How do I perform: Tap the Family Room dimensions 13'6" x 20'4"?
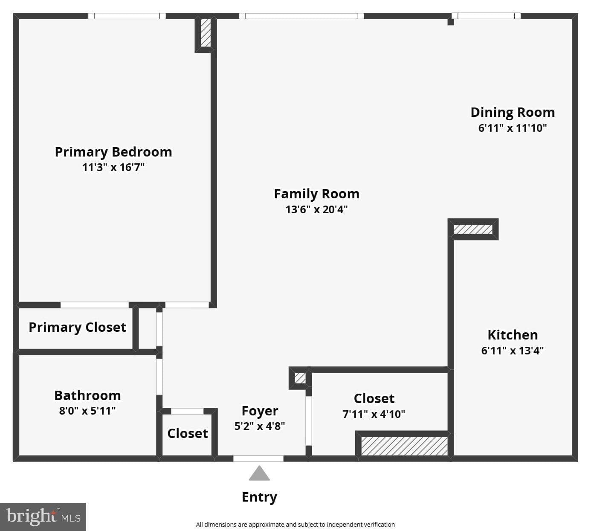pos(316,209)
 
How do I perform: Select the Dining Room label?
pos(513,112)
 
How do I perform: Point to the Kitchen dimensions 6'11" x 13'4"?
pos(513,351)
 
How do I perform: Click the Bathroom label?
pos(87,396)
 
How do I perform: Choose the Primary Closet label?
pos(77,328)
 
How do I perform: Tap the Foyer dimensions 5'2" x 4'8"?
pos(260,426)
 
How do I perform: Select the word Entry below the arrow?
pos(259,497)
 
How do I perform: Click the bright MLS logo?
pos(43,516)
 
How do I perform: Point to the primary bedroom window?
pos(127,16)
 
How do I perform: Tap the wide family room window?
pos(301,16)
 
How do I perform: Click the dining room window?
pos(486,16)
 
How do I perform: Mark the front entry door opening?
pos(258,458)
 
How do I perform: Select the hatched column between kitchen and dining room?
pos(473,229)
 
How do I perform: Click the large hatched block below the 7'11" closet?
pos(404,446)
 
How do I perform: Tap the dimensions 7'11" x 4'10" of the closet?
pos(374,414)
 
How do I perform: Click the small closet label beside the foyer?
pos(188,434)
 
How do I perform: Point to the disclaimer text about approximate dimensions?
pos(295,524)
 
